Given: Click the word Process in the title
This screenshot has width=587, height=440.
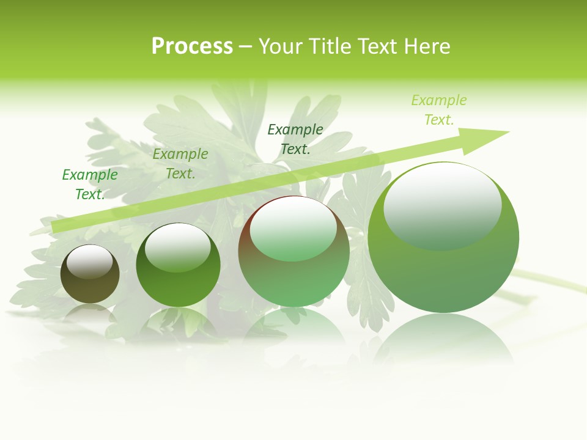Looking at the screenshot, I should [x=192, y=46].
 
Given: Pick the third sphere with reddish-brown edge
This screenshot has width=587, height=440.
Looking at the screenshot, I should [x=293, y=269].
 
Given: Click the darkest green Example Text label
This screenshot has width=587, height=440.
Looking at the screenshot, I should [x=295, y=139].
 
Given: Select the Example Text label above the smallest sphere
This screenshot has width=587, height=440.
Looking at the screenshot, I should [x=90, y=185].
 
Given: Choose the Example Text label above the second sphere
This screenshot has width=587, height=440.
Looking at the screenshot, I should [x=180, y=164].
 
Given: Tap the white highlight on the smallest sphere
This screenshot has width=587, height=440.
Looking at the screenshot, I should [x=89, y=262].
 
